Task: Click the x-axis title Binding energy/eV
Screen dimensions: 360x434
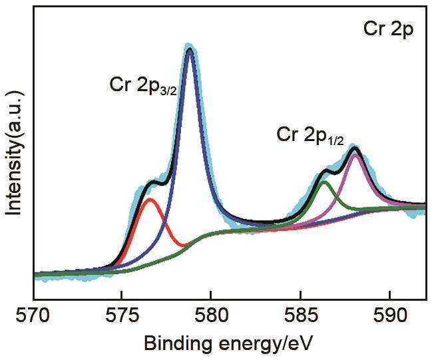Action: (x=228, y=343)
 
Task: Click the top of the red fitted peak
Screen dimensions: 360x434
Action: (x=150, y=199)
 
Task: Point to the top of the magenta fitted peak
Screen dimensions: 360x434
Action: (x=355, y=155)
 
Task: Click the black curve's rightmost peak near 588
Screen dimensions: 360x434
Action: (x=354, y=147)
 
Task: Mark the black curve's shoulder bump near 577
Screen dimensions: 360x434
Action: (x=154, y=181)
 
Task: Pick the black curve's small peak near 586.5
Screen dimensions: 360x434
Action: (x=325, y=170)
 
